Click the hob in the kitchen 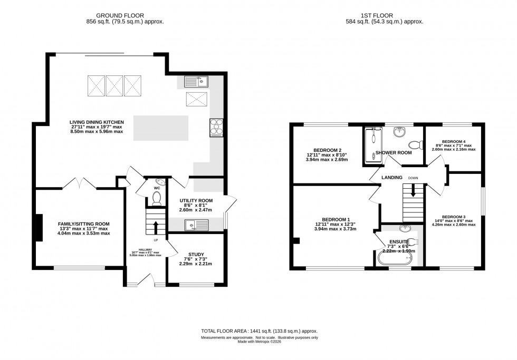(x=217, y=127)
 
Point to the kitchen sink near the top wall (x=197, y=81)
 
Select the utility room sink (x=196, y=225)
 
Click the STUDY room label (x=196, y=255)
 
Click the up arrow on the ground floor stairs (x=156, y=227)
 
